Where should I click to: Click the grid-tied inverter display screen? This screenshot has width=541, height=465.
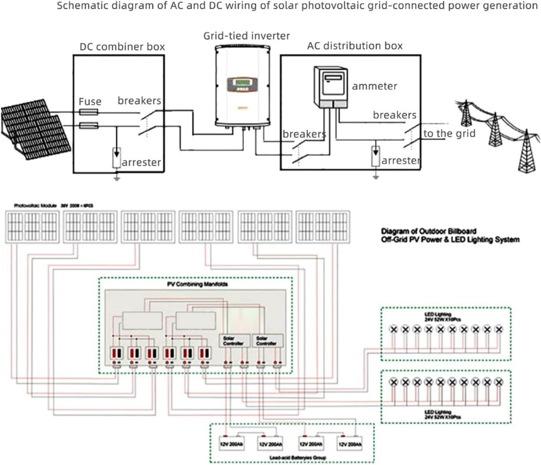pos(242,84)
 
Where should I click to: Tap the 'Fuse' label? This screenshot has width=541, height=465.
pos(90,101)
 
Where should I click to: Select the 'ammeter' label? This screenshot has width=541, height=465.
pos(374,86)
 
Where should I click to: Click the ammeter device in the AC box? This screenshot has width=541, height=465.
pos(330,87)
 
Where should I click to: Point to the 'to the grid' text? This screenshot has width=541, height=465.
pos(449,133)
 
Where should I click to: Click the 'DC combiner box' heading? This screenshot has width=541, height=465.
pos(122,47)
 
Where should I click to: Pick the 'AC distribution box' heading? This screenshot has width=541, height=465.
pos(355,46)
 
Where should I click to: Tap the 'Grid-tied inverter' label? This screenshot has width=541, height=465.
pos(246,36)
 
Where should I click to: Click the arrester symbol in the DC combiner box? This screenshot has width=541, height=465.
pos(116,157)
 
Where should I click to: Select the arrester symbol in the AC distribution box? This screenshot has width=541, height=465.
pos(376,156)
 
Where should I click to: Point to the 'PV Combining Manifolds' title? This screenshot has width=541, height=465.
pos(197,284)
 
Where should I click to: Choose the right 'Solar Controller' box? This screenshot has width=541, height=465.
pos(267,341)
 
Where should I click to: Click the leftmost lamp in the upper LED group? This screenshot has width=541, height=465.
pos(394,329)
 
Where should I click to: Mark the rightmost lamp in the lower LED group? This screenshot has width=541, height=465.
pos(499,382)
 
